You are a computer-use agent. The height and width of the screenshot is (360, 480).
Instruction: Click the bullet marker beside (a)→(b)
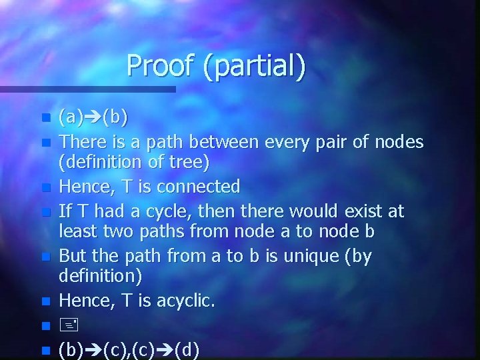point(45,119)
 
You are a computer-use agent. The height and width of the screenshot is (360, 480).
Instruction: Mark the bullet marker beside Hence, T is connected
point(45,187)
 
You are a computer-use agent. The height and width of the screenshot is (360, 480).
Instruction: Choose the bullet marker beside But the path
point(45,257)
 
